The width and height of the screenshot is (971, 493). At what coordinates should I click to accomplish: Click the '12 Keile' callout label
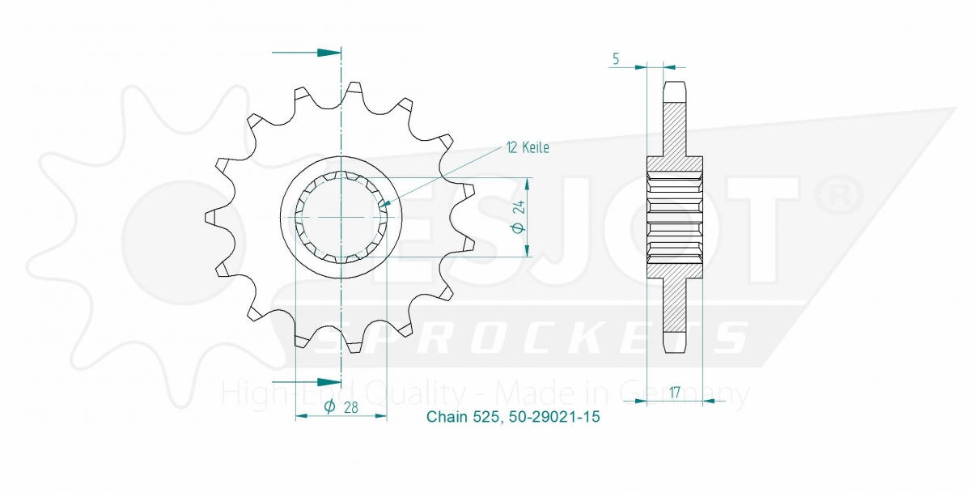pos(528,148)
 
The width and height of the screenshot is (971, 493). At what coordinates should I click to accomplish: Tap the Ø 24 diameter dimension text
pos(519,217)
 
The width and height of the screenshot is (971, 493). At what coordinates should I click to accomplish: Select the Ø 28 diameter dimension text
pos(341,406)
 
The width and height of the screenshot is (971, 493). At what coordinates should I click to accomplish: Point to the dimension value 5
pos(616,59)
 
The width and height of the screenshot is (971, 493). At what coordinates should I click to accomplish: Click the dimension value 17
pos(674,393)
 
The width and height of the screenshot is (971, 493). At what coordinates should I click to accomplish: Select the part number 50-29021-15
pos(554,417)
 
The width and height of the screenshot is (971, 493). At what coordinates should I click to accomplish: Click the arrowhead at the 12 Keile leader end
pos(384,203)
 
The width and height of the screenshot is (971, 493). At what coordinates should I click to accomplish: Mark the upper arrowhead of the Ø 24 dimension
pos(527,184)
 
